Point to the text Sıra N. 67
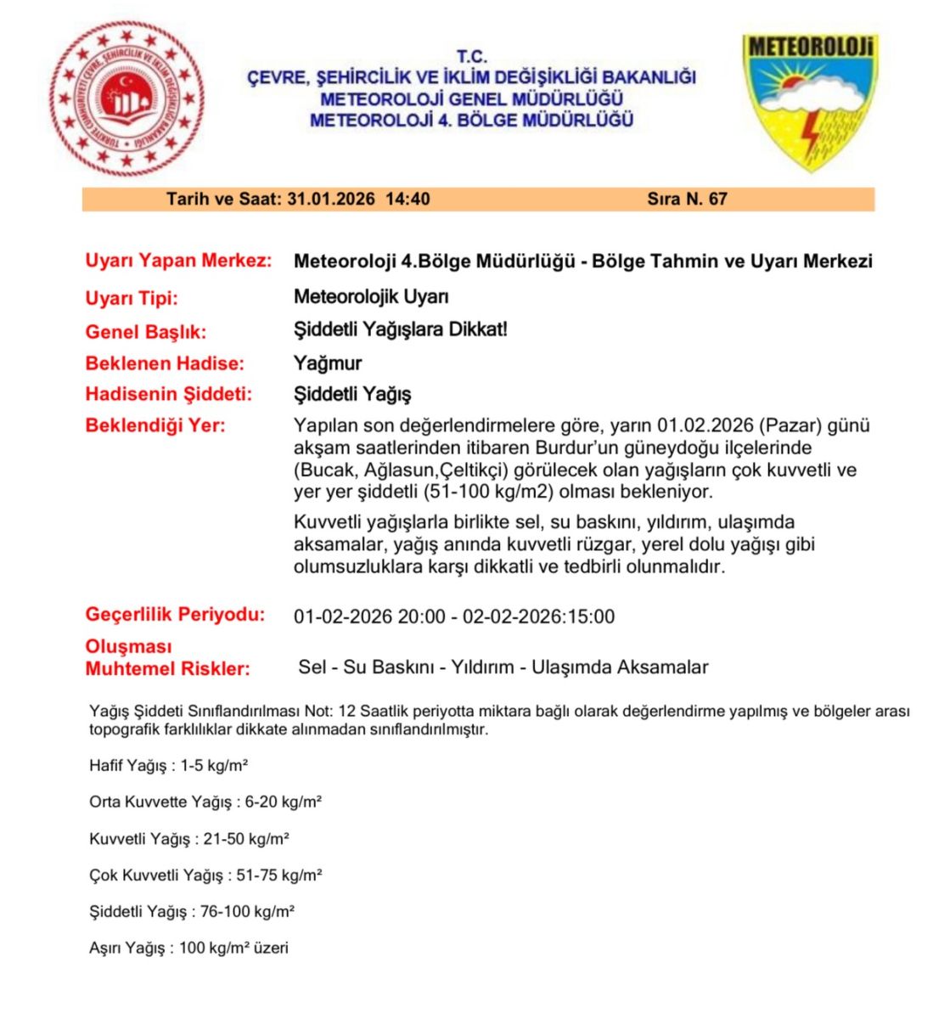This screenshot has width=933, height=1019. (x=687, y=200)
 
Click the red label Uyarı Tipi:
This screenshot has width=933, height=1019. (x=132, y=298)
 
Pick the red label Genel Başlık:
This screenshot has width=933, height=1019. (x=145, y=332)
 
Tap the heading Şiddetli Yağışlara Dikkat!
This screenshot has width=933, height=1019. (x=400, y=329)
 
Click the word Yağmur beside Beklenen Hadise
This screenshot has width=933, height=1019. (x=328, y=363)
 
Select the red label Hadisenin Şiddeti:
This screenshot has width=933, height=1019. (x=169, y=395)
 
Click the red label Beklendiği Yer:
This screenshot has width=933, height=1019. (x=155, y=425)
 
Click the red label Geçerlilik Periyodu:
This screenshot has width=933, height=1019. (x=175, y=615)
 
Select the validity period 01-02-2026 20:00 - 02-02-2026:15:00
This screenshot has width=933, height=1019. (x=454, y=617)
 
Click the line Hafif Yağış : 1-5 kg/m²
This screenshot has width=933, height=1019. (x=168, y=766)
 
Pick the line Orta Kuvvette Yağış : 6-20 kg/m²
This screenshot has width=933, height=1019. (x=205, y=802)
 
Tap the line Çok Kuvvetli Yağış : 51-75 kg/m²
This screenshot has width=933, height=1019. (x=205, y=875)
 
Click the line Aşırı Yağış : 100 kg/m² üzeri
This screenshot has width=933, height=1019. (x=188, y=949)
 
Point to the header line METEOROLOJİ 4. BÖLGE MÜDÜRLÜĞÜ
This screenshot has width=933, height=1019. (x=471, y=121)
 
